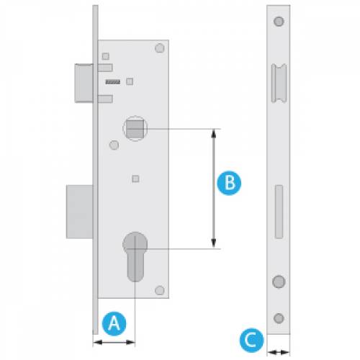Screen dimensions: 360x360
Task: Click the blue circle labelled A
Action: click(x=114, y=323)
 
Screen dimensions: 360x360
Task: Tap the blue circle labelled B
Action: click(x=229, y=183)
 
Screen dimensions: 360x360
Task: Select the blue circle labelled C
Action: click(x=251, y=340)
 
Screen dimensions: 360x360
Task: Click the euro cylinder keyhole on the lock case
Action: click(x=135, y=256)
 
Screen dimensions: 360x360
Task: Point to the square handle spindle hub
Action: click(x=135, y=129)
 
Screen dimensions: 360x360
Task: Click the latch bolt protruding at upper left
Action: click(x=84, y=84)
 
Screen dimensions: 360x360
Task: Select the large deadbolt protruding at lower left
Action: click(x=79, y=212)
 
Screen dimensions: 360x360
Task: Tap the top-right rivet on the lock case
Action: click(x=160, y=48)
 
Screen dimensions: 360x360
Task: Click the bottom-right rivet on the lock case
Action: click(x=160, y=290)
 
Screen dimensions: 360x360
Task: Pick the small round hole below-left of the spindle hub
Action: click(x=114, y=145)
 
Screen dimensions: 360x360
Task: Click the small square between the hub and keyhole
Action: click(x=135, y=179)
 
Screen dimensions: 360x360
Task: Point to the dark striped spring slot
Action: click(x=113, y=82)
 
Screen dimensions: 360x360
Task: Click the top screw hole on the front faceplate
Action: click(x=279, y=22)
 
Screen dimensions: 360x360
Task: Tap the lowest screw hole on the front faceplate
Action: click(x=279, y=318)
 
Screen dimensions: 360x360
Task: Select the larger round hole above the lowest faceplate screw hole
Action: click(x=279, y=282)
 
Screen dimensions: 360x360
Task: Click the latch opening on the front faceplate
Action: click(x=279, y=84)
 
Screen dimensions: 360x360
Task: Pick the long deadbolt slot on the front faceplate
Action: click(x=279, y=212)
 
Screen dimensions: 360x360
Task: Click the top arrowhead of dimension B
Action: click(x=213, y=133)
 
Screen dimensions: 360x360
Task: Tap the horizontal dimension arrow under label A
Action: click(x=114, y=342)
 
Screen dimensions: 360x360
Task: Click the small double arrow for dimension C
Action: click(x=279, y=353)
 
